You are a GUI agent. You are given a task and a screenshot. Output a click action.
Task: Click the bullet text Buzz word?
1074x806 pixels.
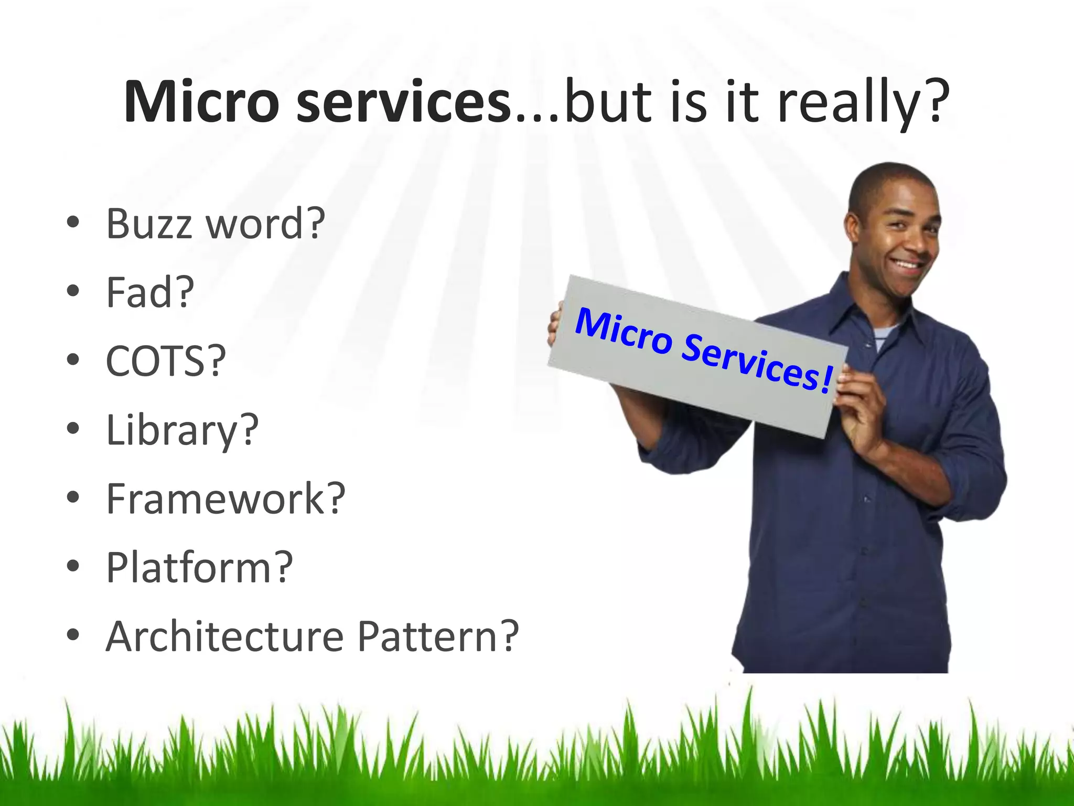(x=216, y=224)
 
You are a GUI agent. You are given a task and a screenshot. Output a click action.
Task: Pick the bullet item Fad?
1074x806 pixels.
(x=150, y=293)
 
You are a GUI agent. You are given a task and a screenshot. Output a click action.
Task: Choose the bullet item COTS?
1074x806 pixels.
(x=166, y=362)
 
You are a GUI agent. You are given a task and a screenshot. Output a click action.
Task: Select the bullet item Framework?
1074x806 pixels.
(x=225, y=499)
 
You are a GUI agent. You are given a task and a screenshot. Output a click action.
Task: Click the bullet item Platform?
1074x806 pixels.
(x=199, y=568)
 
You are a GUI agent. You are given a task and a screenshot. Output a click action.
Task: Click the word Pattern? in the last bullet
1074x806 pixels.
(x=438, y=637)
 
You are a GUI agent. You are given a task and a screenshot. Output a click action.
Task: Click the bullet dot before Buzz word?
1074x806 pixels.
(x=73, y=223)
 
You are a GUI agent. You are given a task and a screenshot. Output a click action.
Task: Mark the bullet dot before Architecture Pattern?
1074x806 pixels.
(x=73, y=635)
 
